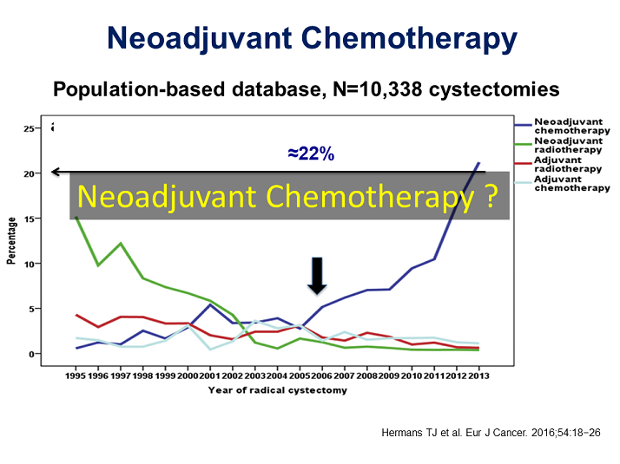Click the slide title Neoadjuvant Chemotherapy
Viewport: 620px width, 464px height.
[311, 39]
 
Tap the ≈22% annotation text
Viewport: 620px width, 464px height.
[311, 154]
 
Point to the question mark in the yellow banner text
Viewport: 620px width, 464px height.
[490, 198]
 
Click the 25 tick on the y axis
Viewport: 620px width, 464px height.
[29, 128]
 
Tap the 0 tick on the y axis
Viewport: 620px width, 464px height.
[31, 354]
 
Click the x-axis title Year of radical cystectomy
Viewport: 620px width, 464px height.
[277, 389]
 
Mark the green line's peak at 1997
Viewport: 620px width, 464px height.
[121, 244]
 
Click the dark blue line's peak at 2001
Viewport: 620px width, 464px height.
[209, 304]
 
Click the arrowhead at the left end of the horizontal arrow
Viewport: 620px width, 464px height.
[55, 172]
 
